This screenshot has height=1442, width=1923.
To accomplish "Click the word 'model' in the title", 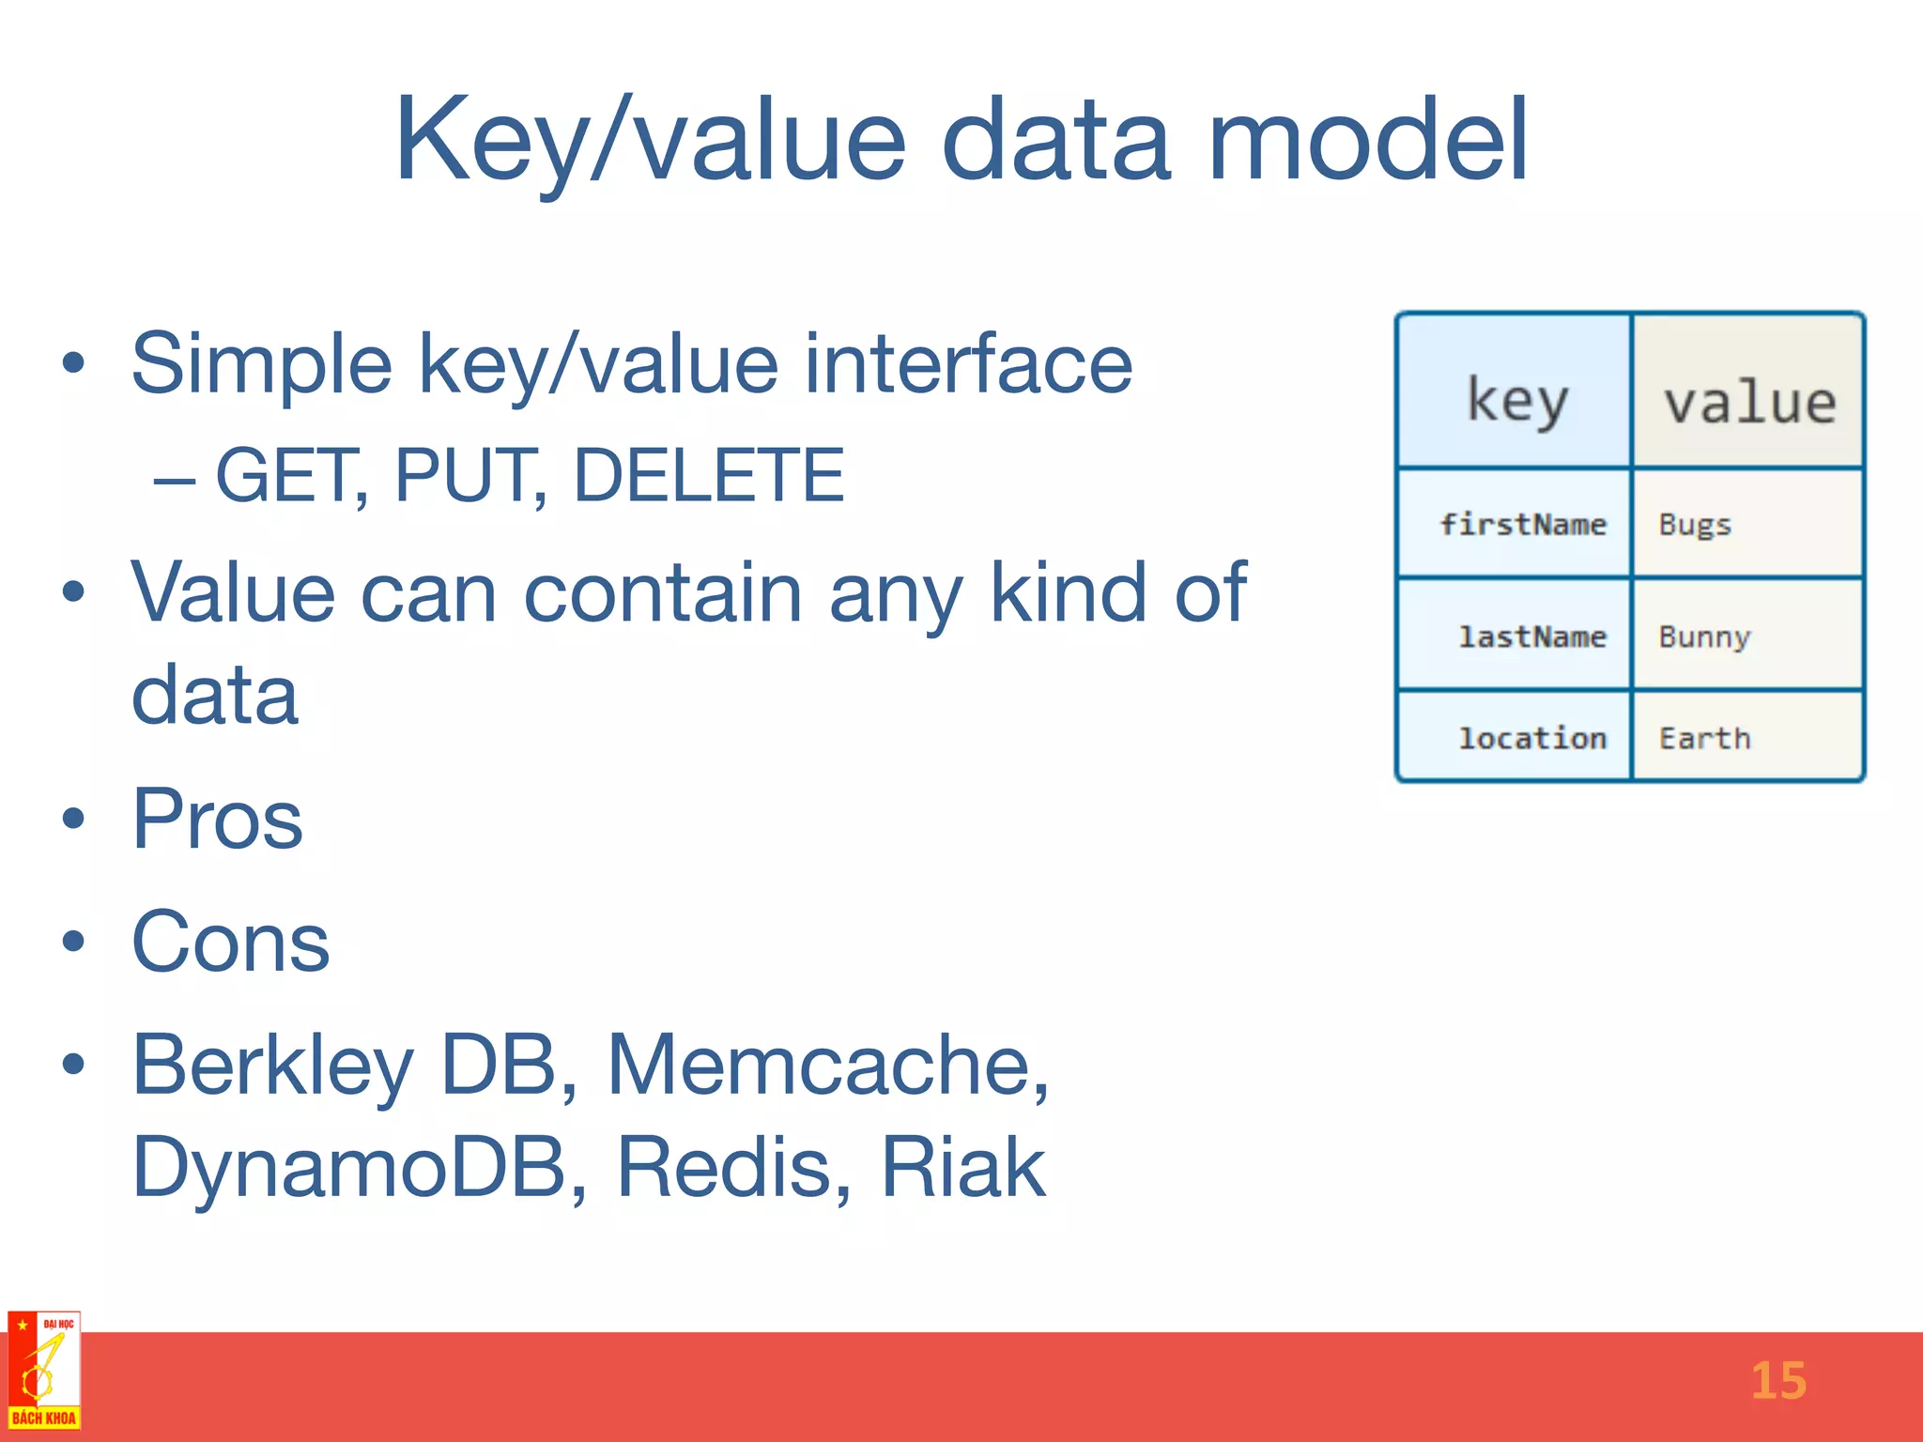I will (x=1369, y=141).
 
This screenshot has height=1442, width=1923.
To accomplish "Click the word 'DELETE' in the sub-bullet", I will (x=708, y=475).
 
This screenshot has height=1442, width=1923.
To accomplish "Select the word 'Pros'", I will (x=217, y=819).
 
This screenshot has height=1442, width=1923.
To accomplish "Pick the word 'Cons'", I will (x=230, y=942).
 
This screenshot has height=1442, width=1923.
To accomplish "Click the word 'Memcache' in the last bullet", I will (x=826, y=1065).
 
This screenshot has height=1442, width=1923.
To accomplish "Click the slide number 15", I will (x=1777, y=1381).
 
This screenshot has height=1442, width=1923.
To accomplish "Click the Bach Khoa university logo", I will (x=44, y=1371).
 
